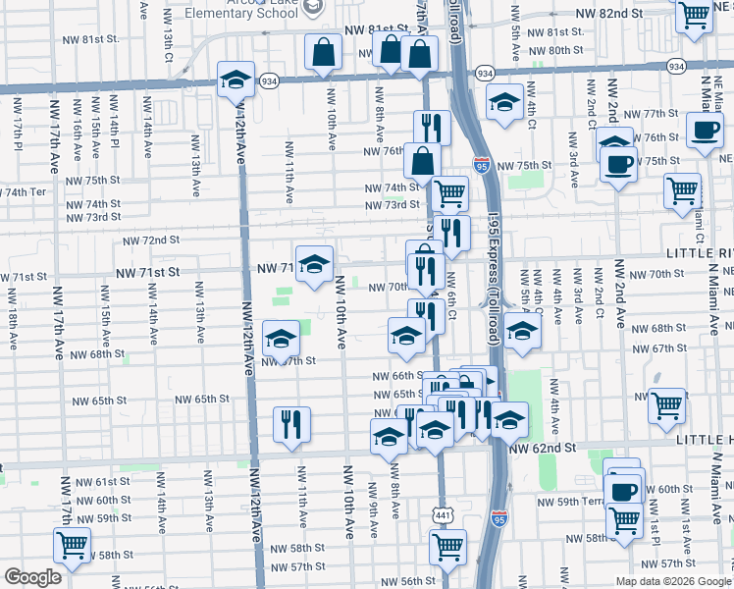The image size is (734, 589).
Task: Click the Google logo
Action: [32, 577]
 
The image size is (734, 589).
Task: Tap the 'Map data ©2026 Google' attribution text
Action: [673, 580]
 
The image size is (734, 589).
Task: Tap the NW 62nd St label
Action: [546, 448]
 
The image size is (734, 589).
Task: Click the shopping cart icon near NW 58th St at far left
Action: [72, 545]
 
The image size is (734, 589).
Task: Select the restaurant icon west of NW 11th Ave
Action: [290, 423]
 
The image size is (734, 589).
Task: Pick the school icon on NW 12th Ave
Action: [236, 80]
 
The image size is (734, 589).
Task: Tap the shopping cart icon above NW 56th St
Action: [447, 545]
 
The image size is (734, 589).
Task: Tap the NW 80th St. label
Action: [554, 50]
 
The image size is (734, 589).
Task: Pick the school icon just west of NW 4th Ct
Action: [504, 102]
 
